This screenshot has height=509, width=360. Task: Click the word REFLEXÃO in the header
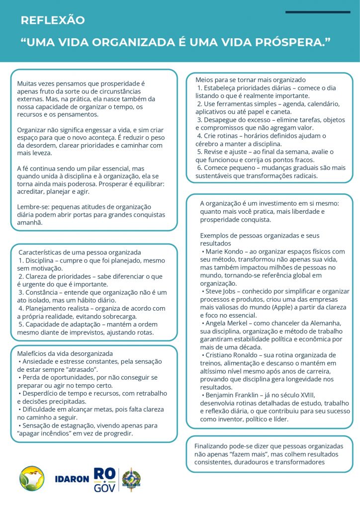click(x=53, y=20)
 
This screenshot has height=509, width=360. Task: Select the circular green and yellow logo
click(x=32, y=479)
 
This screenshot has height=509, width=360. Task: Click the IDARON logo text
click(x=72, y=480)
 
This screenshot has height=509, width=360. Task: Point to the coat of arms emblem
click(x=131, y=479)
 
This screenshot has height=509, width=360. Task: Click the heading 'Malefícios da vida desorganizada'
click(x=65, y=353)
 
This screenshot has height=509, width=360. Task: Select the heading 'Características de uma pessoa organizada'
click(x=80, y=253)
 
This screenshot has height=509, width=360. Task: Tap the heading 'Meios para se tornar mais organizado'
click(x=251, y=80)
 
